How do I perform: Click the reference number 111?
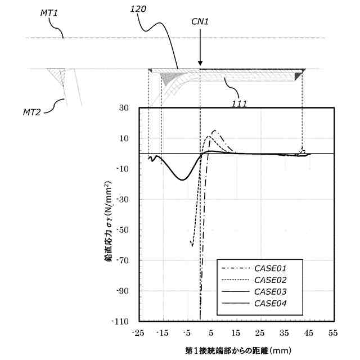tap(239, 103)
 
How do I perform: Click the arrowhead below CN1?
tap(200, 64)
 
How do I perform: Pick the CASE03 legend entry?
tap(271, 291)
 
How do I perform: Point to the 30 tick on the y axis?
tap(124, 108)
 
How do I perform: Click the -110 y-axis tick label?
tap(121, 321)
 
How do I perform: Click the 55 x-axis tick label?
tap(334, 334)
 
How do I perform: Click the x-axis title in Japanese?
tap(236, 350)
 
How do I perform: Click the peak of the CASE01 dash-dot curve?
tap(214, 130)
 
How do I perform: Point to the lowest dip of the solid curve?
tap(182, 179)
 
